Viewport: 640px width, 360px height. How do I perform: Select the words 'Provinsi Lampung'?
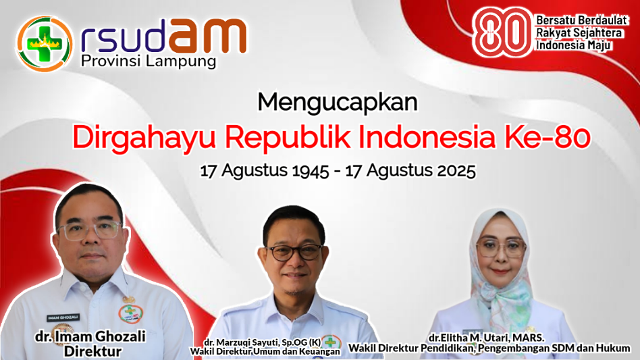click(x=148, y=61)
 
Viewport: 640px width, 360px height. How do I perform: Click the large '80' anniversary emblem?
click(x=502, y=32)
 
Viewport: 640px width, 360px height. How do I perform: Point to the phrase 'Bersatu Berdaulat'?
click(x=581, y=20)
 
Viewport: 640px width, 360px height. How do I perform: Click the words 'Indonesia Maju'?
click(x=573, y=45)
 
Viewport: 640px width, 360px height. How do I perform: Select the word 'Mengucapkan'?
click(x=338, y=103)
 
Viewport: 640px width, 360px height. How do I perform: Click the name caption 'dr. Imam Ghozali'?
click(x=90, y=336)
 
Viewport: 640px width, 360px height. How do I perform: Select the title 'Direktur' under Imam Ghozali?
click(x=92, y=351)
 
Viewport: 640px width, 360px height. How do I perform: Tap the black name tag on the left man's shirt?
click(x=63, y=317)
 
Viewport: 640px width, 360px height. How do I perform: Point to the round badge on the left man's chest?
click(x=130, y=313)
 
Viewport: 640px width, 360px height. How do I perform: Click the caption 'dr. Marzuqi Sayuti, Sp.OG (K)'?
click(x=263, y=342)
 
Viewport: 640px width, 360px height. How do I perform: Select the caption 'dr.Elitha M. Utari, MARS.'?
click(x=486, y=338)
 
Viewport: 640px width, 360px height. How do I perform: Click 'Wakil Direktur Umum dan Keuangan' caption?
click(x=265, y=351)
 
